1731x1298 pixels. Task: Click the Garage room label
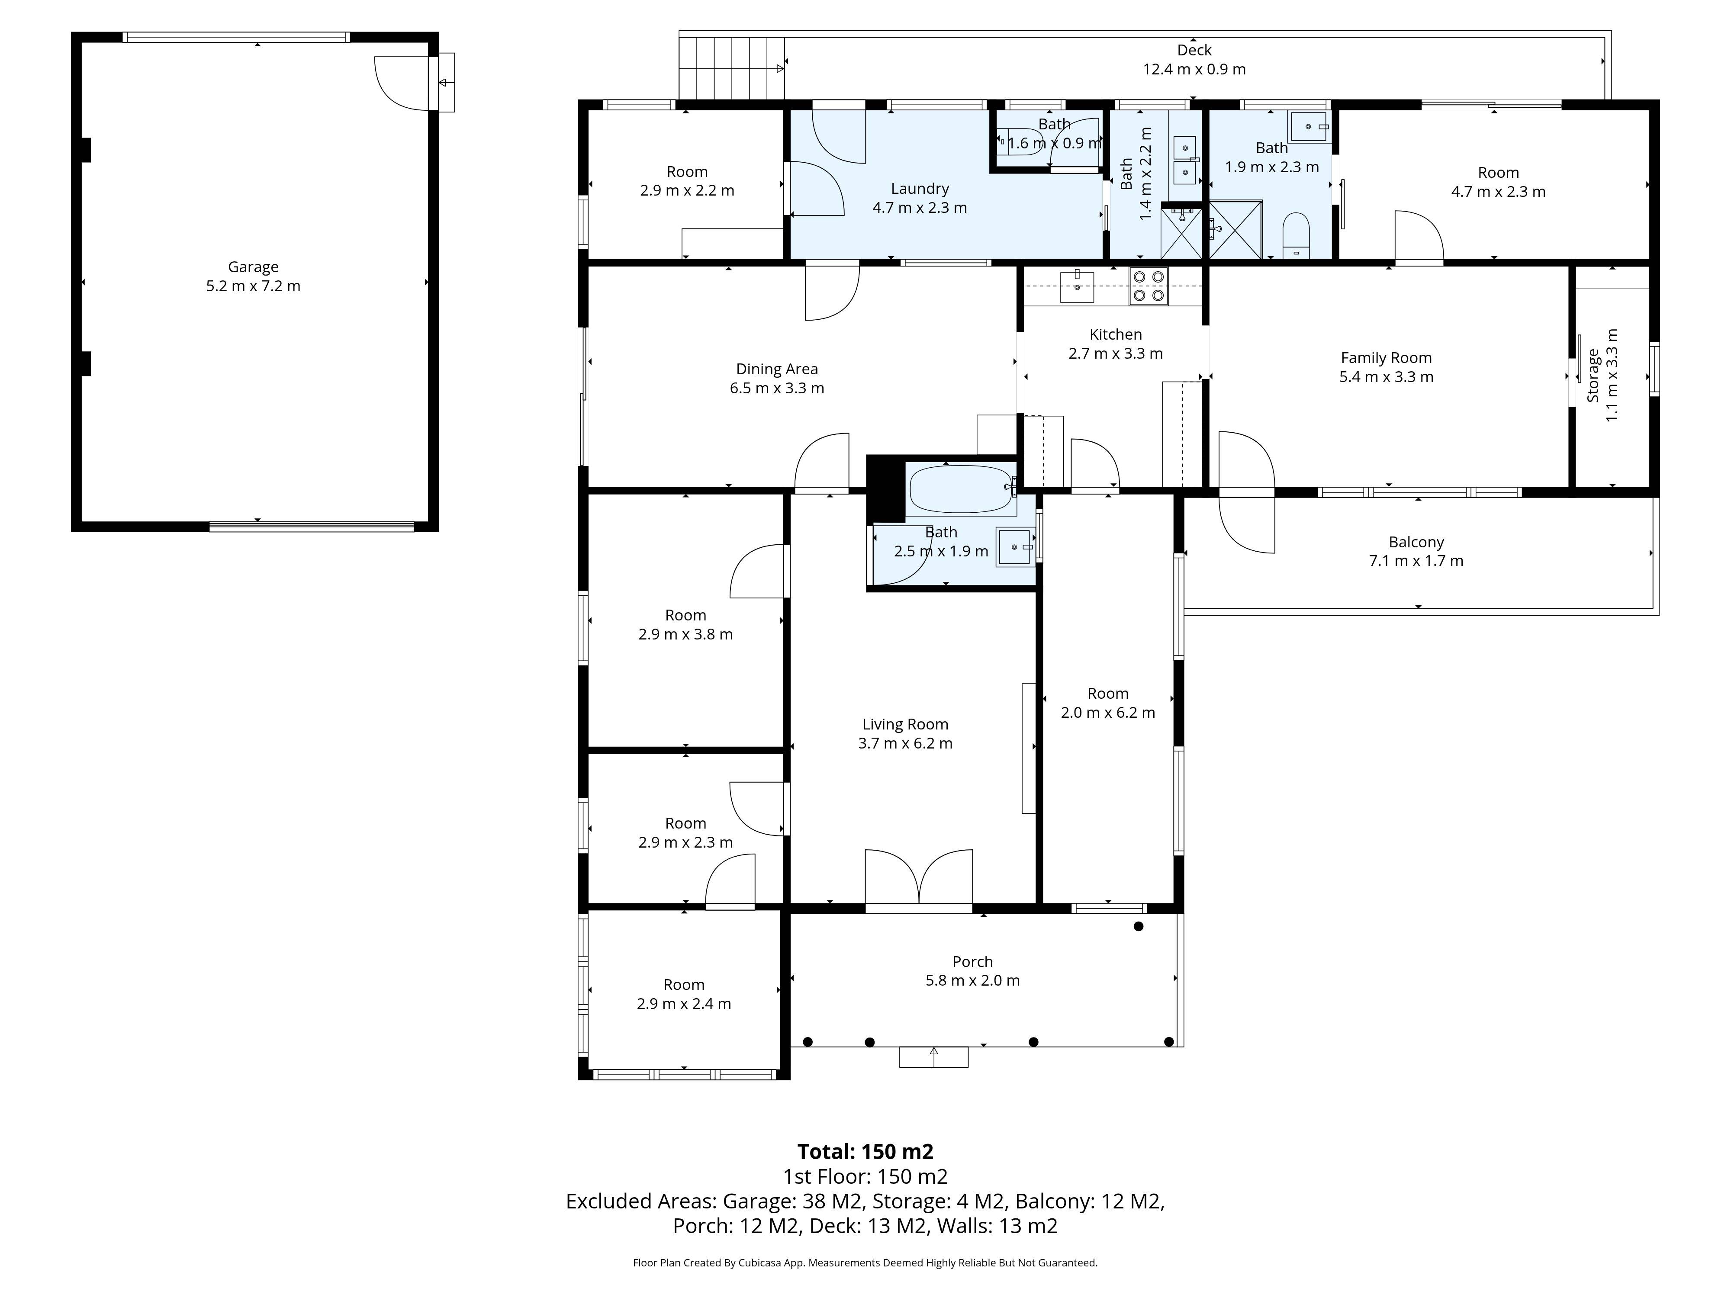(x=253, y=267)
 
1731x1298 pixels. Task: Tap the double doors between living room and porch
(x=919, y=880)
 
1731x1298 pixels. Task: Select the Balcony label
(x=1416, y=542)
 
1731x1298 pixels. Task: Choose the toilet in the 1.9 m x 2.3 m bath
(x=1296, y=234)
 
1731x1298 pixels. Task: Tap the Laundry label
(x=920, y=189)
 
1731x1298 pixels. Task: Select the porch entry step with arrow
(x=933, y=1057)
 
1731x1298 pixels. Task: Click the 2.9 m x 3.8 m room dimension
(x=685, y=635)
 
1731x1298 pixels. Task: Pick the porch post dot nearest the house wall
(x=1139, y=926)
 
